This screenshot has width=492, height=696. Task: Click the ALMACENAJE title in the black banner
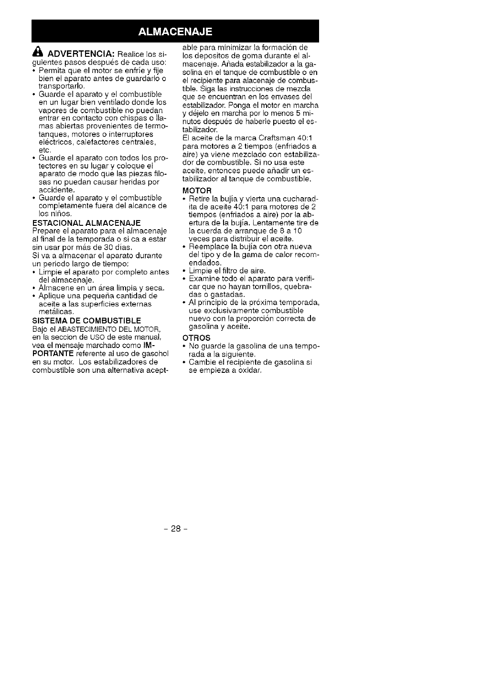coord(175,32)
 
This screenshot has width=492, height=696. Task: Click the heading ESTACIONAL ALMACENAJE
coord(86,223)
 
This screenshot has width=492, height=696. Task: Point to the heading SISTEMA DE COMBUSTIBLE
coord(86,320)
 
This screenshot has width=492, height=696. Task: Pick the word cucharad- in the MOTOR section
coord(298,199)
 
